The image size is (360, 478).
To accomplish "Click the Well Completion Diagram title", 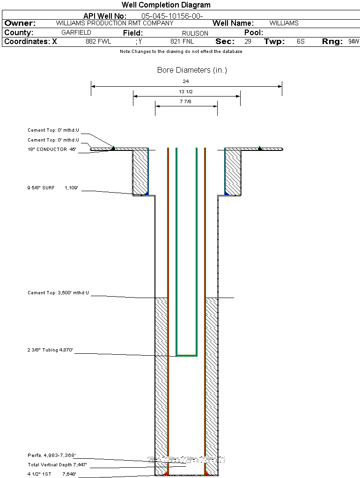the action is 166,5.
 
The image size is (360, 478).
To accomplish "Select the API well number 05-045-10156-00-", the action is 172,16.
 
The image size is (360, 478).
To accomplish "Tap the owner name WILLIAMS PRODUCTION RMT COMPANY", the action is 115,23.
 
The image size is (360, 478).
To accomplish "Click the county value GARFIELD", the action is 76,32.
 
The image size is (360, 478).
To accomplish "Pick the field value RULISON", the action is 195,33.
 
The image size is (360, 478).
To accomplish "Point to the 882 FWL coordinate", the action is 98,41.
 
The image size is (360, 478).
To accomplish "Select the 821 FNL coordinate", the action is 182,41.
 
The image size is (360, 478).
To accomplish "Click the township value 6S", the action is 301,41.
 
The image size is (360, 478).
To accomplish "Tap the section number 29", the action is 248,41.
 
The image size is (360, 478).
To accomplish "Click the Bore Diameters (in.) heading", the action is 192,70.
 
